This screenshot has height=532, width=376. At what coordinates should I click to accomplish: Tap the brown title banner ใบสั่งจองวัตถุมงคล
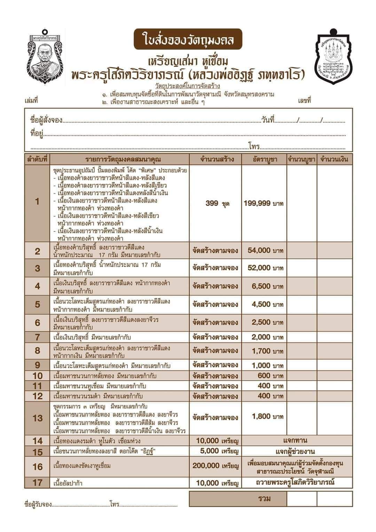(188, 39)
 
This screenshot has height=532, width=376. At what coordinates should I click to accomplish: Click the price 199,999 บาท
(264, 203)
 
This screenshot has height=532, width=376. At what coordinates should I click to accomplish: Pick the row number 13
(38, 418)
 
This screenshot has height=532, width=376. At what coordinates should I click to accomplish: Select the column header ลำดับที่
(37, 159)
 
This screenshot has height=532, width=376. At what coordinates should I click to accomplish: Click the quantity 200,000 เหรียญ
(216, 465)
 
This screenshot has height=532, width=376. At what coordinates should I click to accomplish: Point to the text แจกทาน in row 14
(296, 441)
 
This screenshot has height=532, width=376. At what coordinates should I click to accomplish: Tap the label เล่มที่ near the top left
(31, 101)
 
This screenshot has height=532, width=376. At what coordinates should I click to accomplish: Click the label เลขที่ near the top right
(304, 101)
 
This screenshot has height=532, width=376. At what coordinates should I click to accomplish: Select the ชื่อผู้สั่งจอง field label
(46, 120)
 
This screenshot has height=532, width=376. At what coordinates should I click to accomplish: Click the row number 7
(38, 337)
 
